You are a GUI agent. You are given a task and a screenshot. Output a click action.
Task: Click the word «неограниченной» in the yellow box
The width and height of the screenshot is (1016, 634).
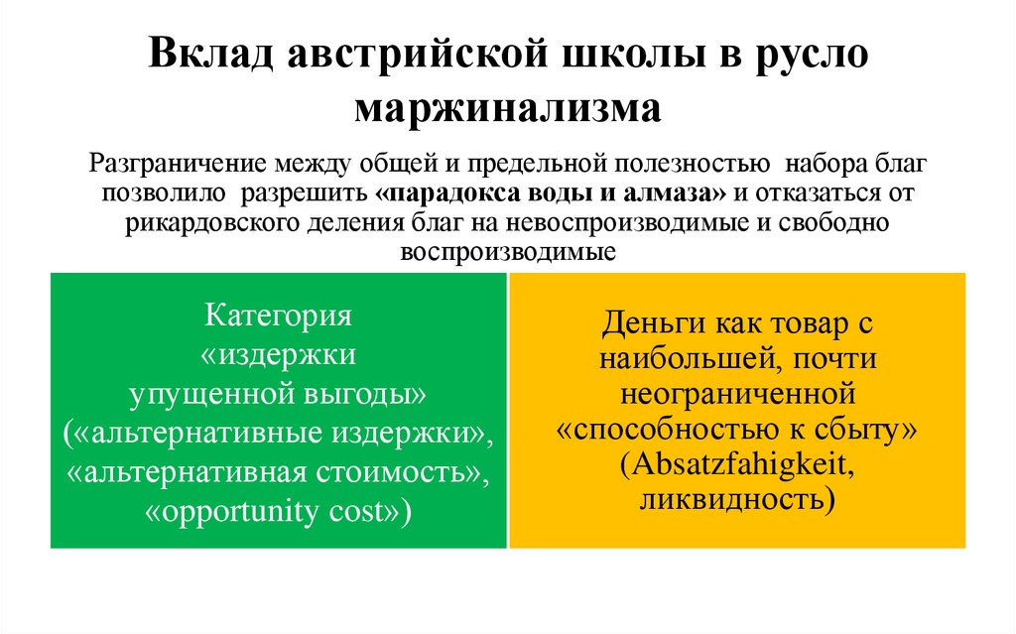tap(737, 395)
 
